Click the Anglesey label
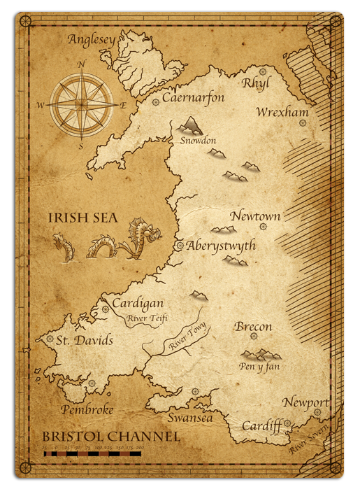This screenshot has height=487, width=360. click(91, 40)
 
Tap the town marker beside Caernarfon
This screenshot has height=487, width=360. click(155, 102)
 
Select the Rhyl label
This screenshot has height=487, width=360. click(256, 84)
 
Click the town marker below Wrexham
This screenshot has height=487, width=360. click(303, 123)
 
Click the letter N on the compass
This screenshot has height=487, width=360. click(82, 64)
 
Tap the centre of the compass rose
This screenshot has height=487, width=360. click(81, 105)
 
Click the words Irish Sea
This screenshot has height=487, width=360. click(82, 218)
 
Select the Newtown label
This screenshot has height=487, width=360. click(255, 216)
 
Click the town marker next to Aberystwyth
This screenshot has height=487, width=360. click(180, 246)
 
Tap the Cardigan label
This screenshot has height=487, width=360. click(138, 304)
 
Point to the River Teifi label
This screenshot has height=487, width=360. click(147, 318)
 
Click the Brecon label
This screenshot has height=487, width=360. click(253, 327)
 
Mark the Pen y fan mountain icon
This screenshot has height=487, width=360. click(260, 354)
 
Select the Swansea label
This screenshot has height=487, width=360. click(189, 418)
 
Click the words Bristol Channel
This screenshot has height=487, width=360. click(110, 437)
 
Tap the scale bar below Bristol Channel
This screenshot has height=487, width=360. click(92, 453)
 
